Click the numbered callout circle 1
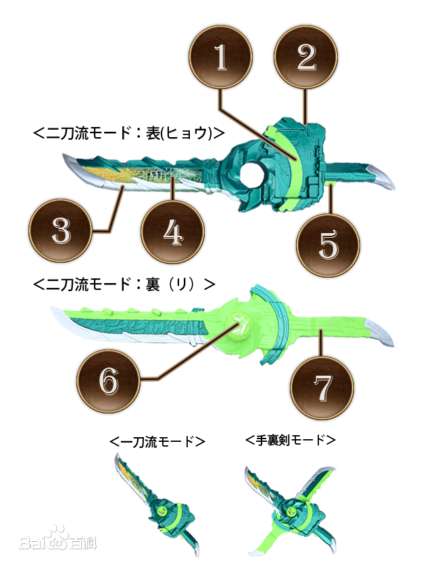pos(220,57)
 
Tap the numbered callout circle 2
pos(306,57)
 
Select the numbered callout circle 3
pos(61,230)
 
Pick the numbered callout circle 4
pos(172,232)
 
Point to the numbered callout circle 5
pos(328,245)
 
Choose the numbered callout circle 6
pos(109,381)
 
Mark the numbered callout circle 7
pos(322,388)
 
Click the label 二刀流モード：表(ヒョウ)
pos(129,133)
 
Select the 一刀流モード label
pos(157,441)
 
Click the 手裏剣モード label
pos(291,440)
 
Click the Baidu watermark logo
pos(57,539)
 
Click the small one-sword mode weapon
pos(157,504)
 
